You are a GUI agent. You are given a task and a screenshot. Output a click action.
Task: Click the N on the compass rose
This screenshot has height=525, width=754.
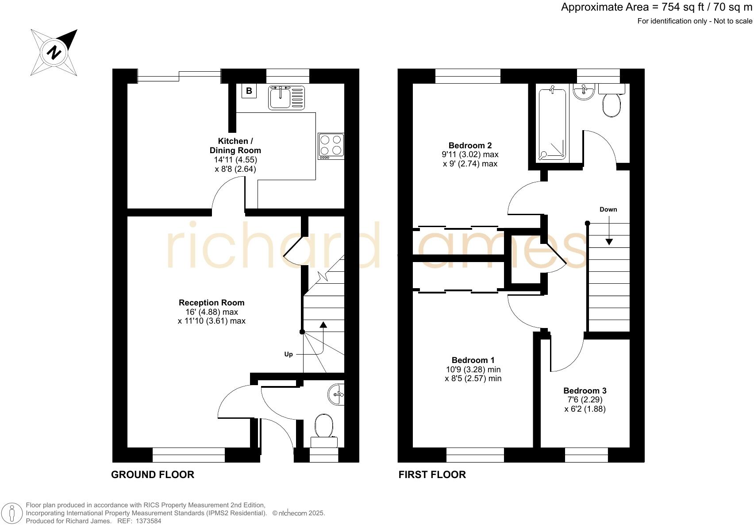pos(54,52)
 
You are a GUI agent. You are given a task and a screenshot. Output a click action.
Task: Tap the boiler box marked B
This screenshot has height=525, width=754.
pos(249,91)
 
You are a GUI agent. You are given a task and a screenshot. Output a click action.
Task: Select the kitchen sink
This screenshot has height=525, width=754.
pos(286,97)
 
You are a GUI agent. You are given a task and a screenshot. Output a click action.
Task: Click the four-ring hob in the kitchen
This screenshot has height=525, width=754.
pos(331,146)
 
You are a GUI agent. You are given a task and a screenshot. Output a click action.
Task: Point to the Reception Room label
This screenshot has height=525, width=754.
pos(212,303)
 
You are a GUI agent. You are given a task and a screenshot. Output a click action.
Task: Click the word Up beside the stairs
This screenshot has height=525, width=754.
pos(289,354)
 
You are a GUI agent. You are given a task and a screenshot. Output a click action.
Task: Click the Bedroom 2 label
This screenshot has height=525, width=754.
pos(470,145)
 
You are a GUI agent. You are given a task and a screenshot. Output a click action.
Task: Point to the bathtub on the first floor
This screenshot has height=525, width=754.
pos(552,124)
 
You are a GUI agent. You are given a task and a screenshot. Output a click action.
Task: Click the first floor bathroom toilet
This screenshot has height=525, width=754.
pos(612,104)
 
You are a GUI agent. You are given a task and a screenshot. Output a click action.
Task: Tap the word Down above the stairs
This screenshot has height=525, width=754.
pos(608,209)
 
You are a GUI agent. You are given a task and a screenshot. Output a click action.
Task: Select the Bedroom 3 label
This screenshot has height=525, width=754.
pos(585,390)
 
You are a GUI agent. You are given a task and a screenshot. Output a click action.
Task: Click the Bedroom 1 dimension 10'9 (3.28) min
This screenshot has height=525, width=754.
pos(473,369)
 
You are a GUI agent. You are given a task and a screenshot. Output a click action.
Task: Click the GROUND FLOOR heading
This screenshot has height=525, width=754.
pos(152,475)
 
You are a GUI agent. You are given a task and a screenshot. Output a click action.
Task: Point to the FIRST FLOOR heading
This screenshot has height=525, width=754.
pos(432,475)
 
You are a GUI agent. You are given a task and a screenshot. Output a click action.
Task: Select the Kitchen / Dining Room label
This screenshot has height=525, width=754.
pos(235,146)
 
